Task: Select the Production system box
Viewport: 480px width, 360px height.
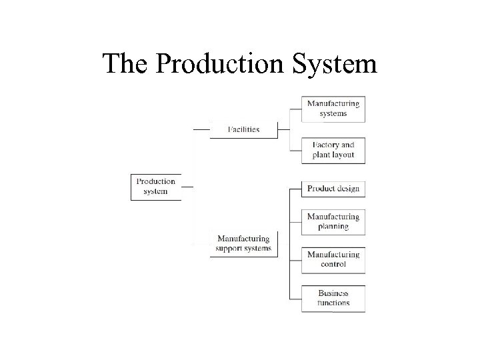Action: click(x=155, y=187)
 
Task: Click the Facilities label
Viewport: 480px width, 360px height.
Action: click(x=243, y=129)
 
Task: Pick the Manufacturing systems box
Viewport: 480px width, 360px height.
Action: click(x=333, y=109)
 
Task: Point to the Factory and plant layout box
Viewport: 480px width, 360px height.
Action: click(x=333, y=150)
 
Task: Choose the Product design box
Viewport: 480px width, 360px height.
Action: click(x=333, y=189)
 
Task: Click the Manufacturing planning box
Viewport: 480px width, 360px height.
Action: click(x=333, y=221)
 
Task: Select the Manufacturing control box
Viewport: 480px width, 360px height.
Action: click(x=333, y=259)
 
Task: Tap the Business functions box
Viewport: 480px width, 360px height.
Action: click(x=333, y=298)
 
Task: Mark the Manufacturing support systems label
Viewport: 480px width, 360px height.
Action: click(x=243, y=244)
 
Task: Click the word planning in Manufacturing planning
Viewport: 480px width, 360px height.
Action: click(x=333, y=227)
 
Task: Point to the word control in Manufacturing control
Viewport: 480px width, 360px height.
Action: click(x=333, y=265)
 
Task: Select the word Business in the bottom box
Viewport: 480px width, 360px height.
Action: click(x=333, y=293)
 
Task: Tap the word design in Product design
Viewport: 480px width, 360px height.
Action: click(x=347, y=189)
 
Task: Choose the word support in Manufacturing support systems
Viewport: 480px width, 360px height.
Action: click(x=231, y=249)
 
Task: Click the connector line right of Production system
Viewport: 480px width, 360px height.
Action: click(x=187, y=187)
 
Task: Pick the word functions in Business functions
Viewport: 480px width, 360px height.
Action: click(x=333, y=303)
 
